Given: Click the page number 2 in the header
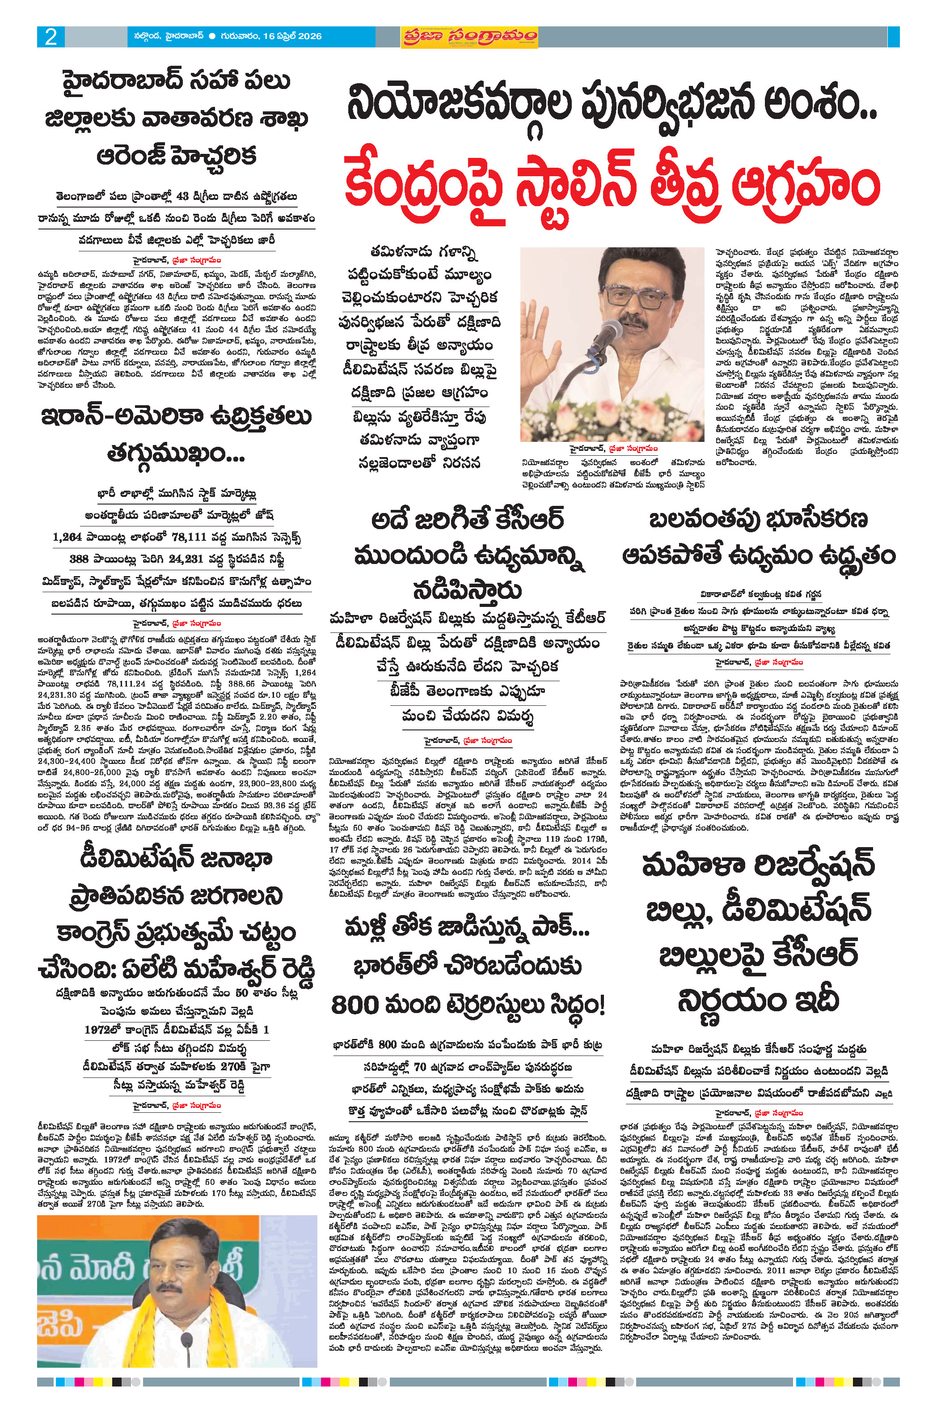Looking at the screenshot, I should click(51, 37).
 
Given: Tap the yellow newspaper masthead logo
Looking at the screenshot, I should click(469, 37).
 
